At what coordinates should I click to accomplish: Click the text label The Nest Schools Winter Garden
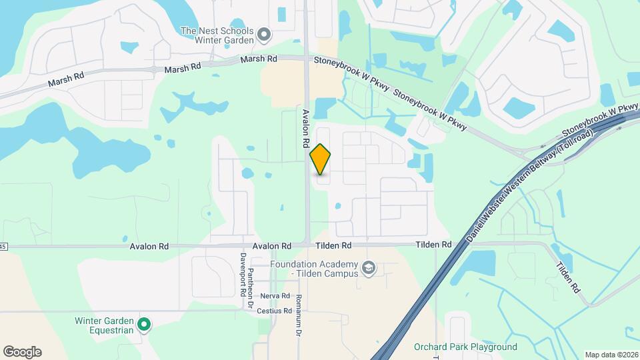(217, 35)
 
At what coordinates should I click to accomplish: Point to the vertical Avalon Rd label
(306, 128)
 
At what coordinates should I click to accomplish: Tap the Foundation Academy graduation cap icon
(369, 269)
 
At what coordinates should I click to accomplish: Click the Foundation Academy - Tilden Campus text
(315, 269)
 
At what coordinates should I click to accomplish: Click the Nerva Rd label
(275, 296)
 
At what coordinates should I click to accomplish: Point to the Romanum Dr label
(299, 315)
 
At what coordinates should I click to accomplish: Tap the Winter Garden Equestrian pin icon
(144, 325)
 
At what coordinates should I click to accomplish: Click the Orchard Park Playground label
(465, 347)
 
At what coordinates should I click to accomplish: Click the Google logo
(22, 352)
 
